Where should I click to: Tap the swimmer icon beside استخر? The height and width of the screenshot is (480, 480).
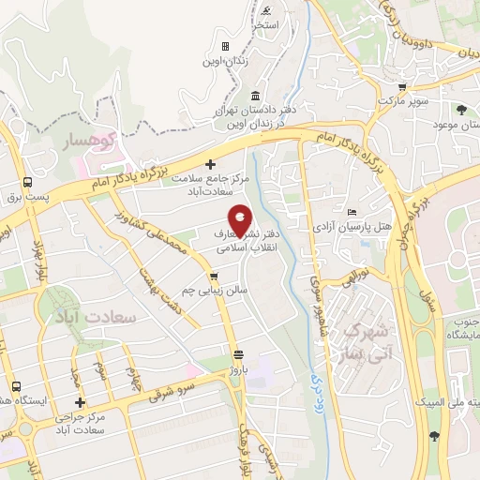pyautogui.click(x=267, y=11)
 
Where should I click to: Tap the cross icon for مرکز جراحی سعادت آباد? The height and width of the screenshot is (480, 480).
pyautogui.click(x=81, y=401)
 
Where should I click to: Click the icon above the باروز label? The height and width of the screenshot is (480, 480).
pyautogui.click(x=239, y=354)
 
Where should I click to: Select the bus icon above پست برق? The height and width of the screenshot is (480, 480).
pyautogui.click(x=28, y=181)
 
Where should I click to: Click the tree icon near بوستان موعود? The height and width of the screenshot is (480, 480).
pyautogui.click(x=460, y=111)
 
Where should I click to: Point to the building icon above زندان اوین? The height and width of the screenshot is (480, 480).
pyautogui.click(x=225, y=46)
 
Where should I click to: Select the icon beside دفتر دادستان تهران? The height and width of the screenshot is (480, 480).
pyautogui.click(x=256, y=96)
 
